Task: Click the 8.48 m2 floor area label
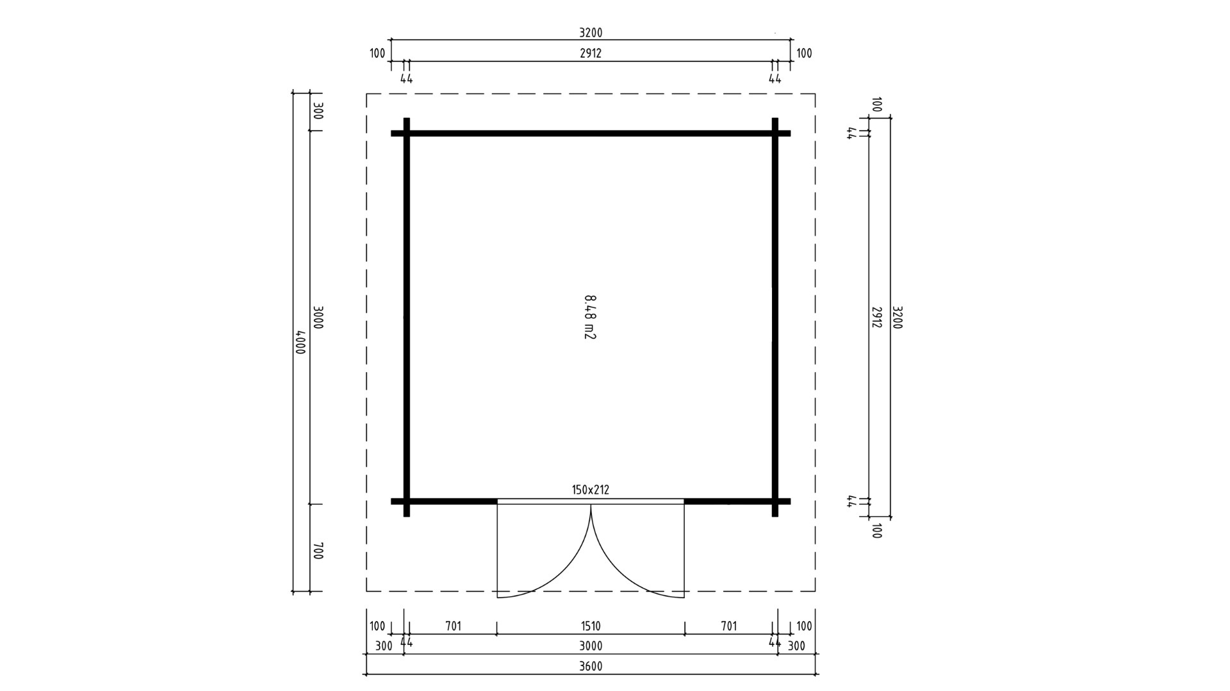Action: point(590,317)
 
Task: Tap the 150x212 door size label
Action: point(591,490)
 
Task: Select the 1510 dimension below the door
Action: point(591,626)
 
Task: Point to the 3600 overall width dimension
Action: point(591,666)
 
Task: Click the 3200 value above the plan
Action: point(591,33)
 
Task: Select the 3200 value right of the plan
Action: point(897,317)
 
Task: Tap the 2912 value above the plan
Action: point(591,54)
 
